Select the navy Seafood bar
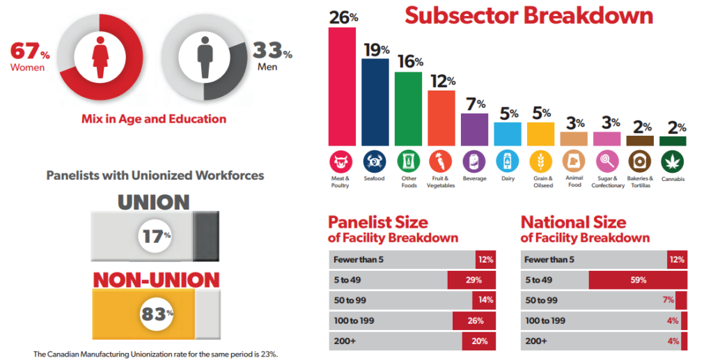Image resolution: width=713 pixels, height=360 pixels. [x=375, y=102]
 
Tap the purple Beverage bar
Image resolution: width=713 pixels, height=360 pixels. [x=475, y=128]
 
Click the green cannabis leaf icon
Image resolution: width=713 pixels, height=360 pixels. [x=673, y=162]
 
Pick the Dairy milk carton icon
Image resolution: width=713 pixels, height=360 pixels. [x=508, y=162]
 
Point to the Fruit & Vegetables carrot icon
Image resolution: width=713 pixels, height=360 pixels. [x=441, y=162]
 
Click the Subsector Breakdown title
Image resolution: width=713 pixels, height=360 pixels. [x=529, y=15]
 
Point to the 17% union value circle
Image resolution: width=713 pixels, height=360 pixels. [x=155, y=235]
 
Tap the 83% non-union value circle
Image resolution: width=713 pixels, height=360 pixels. [x=155, y=314]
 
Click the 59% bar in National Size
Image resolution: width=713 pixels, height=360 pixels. [x=638, y=280]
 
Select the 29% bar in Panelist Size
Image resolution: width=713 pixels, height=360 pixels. [x=471, y=280]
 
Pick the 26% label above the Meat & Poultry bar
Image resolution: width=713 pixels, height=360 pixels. [x=343, y=17]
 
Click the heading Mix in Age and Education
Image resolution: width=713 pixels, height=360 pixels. [x=153, y=118]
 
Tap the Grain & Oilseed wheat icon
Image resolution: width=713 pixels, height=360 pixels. [x=541, y=162]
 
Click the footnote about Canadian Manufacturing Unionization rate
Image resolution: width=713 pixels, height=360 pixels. [x=155, y=354]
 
